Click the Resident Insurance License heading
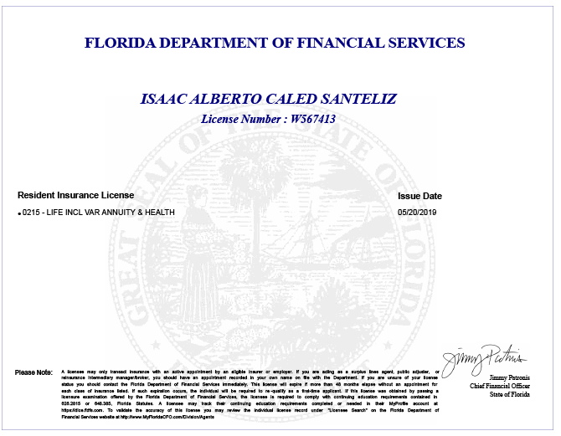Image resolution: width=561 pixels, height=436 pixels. pyautogui.click(x=75, y=196)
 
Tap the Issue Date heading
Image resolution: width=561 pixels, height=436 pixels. pyautogui.click(x=419, y=196)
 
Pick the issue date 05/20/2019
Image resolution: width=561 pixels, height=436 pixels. pyautogui.click(x=417, y=213)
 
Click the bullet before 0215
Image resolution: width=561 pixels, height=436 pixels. pyautogui.click(x=19, y=214)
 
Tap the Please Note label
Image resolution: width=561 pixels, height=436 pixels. pyautogui.click(x=33, y=372)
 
